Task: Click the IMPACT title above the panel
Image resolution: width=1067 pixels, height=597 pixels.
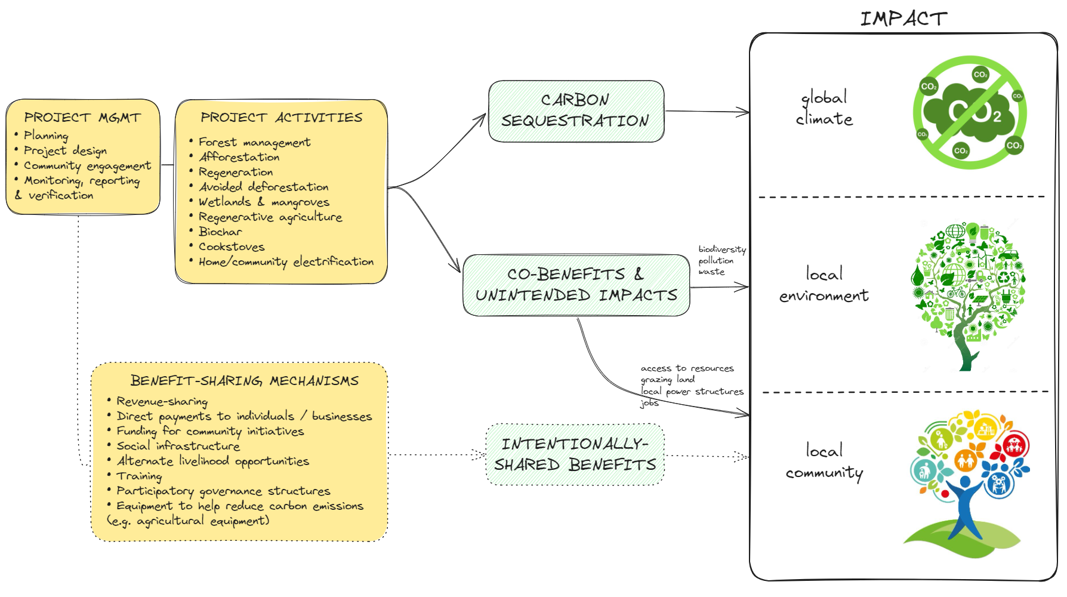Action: tap(903, 19)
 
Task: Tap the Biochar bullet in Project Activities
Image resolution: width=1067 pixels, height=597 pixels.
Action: tap(220, 232)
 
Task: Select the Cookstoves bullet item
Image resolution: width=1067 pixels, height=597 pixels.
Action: tap(232, 247)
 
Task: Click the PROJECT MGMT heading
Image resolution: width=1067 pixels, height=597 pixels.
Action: tap(82, 118)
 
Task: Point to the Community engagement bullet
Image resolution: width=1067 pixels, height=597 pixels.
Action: tap(87, 166)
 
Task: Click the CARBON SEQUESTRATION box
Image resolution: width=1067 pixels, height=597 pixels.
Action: tap(575, 111)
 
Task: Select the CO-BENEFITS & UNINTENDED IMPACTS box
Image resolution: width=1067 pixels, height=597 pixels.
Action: tap(576, 285)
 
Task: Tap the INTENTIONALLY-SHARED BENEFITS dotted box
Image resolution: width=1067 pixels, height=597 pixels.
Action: tap(575, 454)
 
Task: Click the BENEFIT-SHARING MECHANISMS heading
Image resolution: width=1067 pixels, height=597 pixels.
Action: tap(244, 381)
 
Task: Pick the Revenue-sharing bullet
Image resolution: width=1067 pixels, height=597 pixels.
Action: tap(162, 401)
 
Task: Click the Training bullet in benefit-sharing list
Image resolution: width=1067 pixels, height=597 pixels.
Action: tap(138, 476)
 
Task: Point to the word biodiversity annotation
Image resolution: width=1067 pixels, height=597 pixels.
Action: tap(721, 249)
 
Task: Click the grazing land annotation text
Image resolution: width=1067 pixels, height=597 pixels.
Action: tap(667, 379)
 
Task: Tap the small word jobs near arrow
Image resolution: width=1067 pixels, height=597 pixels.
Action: tap(649, 402)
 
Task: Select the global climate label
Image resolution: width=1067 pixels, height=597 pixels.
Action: tap(824, 108)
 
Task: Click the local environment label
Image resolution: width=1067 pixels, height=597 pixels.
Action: tap(824, 284)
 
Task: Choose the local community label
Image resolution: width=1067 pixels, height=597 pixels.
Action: tap(824, 461)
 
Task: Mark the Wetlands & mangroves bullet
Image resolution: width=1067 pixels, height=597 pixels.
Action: tap(264, 202)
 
